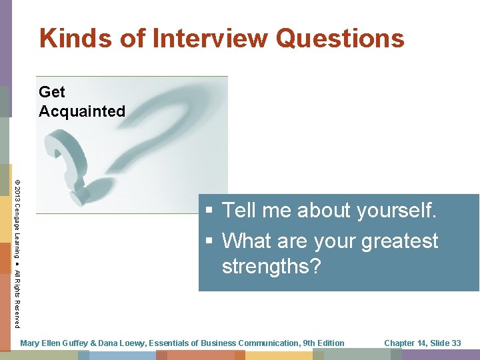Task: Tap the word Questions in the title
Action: pyautogui.click(x=340, y=39)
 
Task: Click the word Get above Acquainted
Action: pyautogui.click(x=52, y=92)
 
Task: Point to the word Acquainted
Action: pyautogui.click(x=82, y=111)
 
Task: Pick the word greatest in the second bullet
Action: pyautogui.click(x=400, y=241)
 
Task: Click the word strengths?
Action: pyautogui.click(x=271, y=267)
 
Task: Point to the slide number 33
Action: pyautogui.click(x=455, y=343)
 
